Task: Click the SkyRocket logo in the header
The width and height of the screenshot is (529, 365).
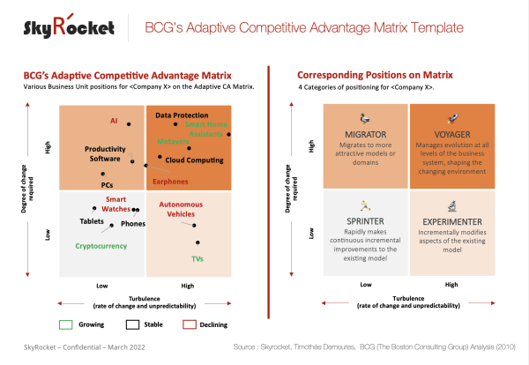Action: [69, 27]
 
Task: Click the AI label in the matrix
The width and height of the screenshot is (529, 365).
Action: [114, 120]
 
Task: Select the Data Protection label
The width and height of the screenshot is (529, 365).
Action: [182, 115]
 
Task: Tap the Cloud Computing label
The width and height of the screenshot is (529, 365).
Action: [194, 160]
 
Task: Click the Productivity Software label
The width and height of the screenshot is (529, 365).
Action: [104, 154]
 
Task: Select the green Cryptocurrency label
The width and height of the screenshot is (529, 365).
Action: [104, 246]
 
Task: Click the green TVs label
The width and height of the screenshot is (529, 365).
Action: [198, 259]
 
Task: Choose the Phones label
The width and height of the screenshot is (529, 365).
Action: [133, 224]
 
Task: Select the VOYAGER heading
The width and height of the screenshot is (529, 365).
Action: [451, 134]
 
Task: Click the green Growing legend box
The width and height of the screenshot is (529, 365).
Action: [67, 324]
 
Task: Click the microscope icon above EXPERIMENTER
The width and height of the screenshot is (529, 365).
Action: [451, 205]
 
